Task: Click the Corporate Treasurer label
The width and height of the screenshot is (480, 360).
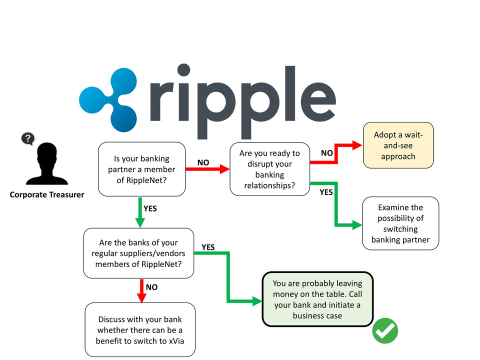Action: pos(47,194)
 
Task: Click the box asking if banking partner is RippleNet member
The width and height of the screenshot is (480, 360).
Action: pos(141,169)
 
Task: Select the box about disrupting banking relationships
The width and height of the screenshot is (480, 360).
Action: pos(269,169)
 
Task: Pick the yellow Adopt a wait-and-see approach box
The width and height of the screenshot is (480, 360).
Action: pos(398,145)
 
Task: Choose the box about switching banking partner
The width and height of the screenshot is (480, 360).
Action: pos(400,223)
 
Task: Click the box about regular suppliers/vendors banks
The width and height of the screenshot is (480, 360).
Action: pos(138,253)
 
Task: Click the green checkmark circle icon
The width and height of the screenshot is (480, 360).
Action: pos(385,330)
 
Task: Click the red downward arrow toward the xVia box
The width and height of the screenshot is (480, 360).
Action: pos(141,290)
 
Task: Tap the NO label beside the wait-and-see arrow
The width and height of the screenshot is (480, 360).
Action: pos(326,153)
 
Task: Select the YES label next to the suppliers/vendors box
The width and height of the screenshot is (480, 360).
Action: pos(208,247)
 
